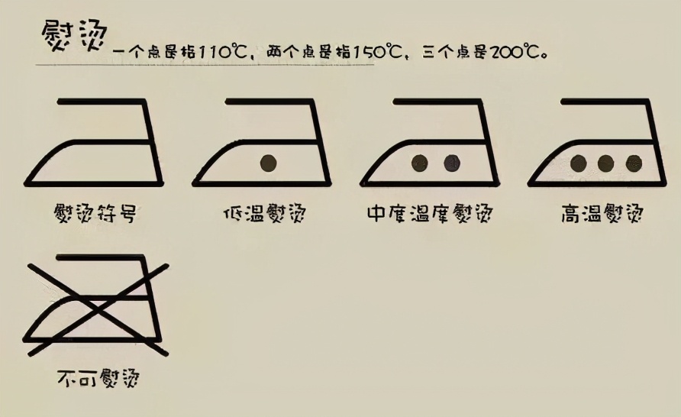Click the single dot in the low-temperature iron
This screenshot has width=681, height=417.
[x=268, y=163]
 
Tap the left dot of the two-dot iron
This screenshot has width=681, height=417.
[x=419, y=163]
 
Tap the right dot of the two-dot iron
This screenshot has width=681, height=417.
[x=452, y=163]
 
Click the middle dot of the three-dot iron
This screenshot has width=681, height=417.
[x=606, y=163]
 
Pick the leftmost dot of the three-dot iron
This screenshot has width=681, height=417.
[x=579, y=163]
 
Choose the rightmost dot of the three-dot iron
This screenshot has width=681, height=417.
[x=634, y=163]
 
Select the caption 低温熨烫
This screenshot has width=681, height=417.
[x=264, y=213]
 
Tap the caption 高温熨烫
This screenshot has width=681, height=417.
[x=602, y=213]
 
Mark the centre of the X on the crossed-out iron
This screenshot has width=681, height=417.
[x=97, y=309]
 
